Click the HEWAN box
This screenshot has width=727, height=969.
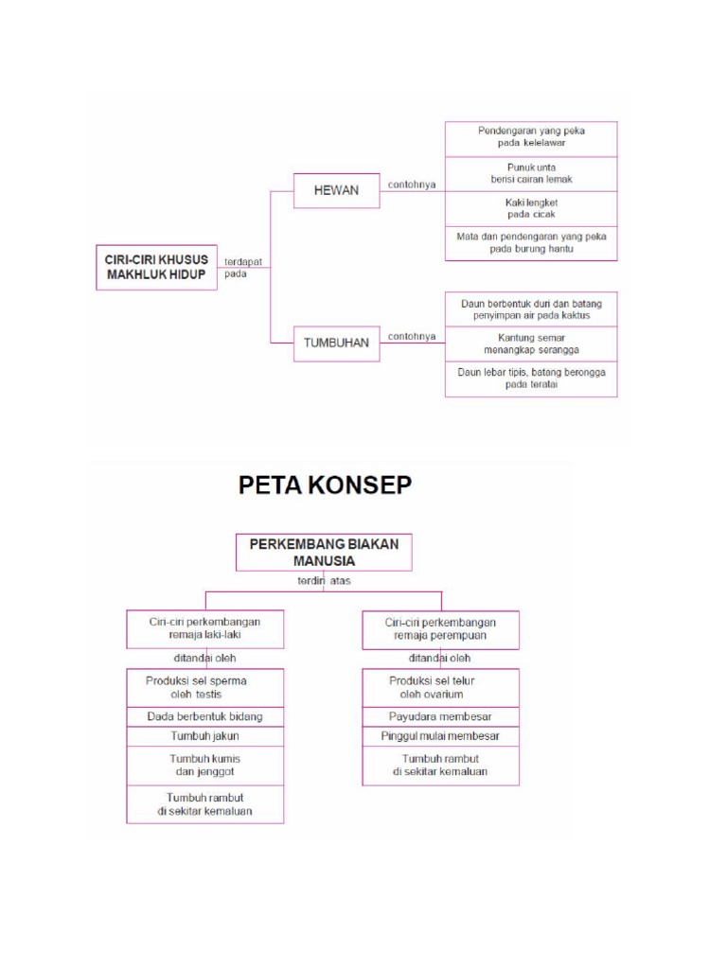coord(336,191)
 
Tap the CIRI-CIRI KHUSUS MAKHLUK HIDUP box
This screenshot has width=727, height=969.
coord(156,267)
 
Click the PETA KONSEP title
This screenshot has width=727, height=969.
coord(325,485)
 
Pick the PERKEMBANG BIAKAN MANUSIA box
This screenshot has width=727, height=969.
coord(324,552)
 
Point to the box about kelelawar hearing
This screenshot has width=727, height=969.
coord(530,137)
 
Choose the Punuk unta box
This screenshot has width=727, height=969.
coord(530,173)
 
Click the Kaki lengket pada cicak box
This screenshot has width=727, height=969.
coord(530,208)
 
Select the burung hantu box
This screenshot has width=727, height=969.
coord(530,243)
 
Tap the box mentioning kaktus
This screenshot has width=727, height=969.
coord(530,309)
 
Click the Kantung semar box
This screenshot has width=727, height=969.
coord(530,344)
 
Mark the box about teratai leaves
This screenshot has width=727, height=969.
coord(530,379)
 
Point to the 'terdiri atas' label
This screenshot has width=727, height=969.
coord(324,580)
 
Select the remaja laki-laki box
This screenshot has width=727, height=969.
coord(205,629)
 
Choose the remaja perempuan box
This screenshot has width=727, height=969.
coord(440,629)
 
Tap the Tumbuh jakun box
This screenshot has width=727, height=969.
coord(205,735)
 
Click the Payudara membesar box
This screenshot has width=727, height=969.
coord(440,715)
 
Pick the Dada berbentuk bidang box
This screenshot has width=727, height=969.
coord(205,716)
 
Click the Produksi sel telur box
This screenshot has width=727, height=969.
coord(440,687)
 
